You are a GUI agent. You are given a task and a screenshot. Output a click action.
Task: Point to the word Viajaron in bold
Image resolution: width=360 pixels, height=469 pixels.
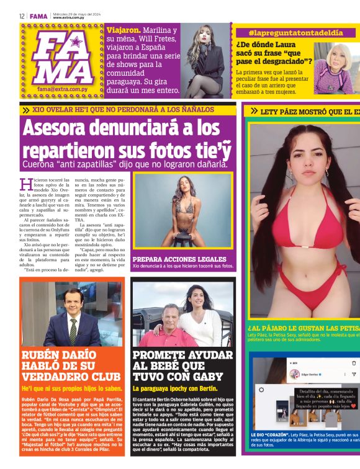pyautogui.click(x=123, y=30)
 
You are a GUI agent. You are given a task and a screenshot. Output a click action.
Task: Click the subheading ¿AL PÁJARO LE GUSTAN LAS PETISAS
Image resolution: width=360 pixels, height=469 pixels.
pyautogui.click(x=304, y=328)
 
